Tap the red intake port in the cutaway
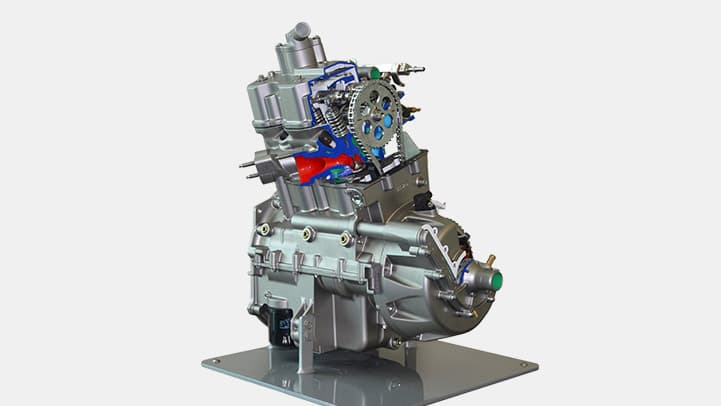pyautogui.click(x=318, y=165)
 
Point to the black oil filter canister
pyautogui.click(x=275, y=323)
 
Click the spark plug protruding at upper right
pyautogui.click(x=407, y=69)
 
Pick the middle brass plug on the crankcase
pyautogui.click(x=309, y=234)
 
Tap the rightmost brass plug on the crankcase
pyautogui.click(x=345, y=239)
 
